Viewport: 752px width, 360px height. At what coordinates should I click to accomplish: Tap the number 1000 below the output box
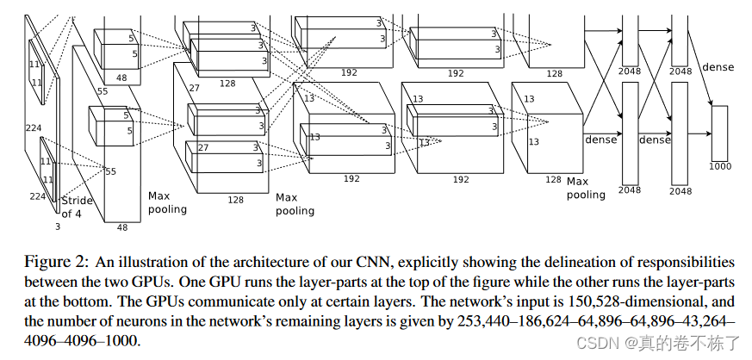click(x=719, y=165)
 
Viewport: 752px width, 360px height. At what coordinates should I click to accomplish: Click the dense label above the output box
click(x=718, y=66)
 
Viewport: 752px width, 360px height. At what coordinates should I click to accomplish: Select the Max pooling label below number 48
click(x=165, y=202)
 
